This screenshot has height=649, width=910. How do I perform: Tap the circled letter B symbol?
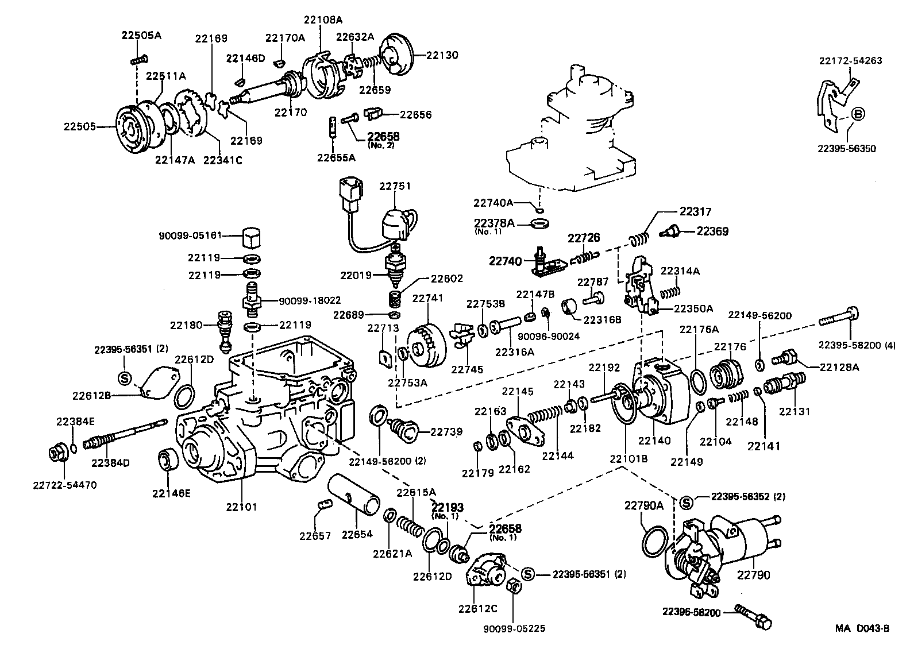coord(857,114)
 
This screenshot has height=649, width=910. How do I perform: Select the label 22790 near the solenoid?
coord(754,575)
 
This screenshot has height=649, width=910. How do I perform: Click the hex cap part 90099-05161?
coord(249,235)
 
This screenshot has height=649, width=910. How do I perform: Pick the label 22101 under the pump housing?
coord(241,507)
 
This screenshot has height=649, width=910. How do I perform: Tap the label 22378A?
coord(494,223)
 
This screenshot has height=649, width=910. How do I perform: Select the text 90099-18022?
coord(310,300)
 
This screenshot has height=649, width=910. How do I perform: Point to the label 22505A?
coord(141,35)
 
